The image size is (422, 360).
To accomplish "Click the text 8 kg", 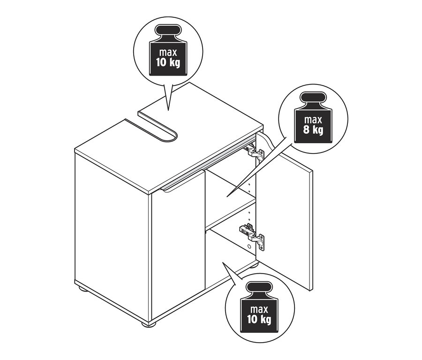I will pyautogui.click(x=313, y=129).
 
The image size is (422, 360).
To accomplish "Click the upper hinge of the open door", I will pyautogui.click(x=254, y=152).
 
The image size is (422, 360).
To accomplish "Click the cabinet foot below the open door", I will pyautogui.click(x=254, y=266).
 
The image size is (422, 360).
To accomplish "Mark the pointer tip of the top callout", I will pyautogui.click(x=168, y=110).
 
